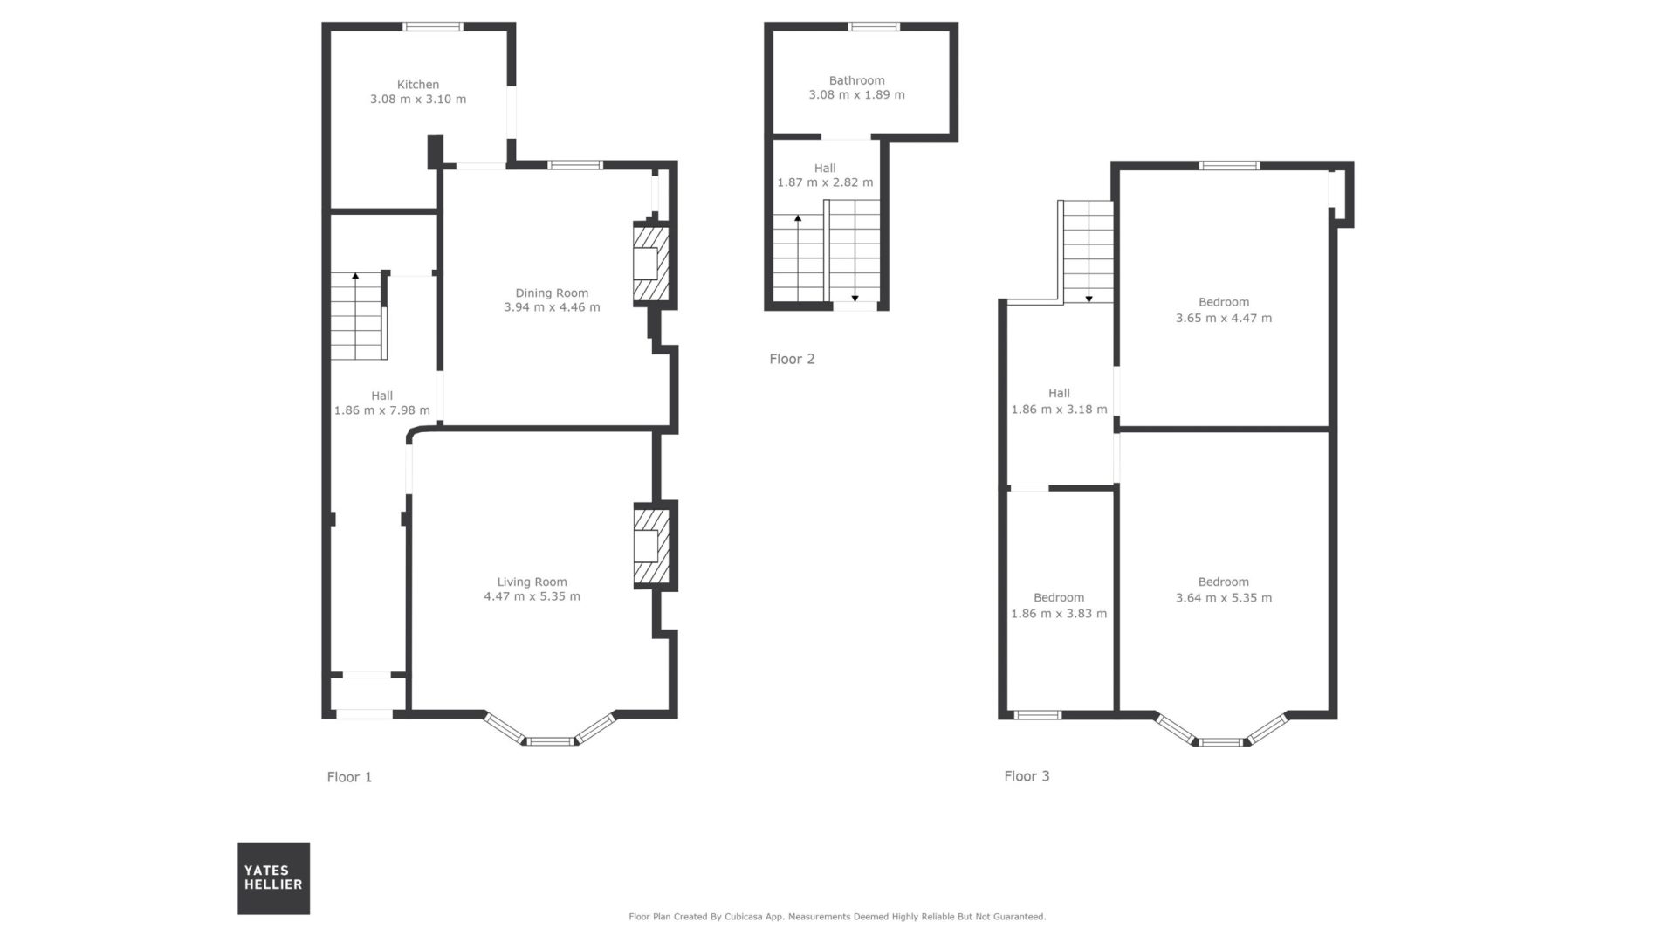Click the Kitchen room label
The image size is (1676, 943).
coord(418,85)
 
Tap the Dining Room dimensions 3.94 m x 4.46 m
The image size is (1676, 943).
coord(552,307)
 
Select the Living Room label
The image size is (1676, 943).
coord(532,582)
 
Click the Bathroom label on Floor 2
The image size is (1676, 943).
coord(857,80)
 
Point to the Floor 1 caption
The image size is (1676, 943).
coord(349,777)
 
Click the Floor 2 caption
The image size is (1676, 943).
coord(792,359)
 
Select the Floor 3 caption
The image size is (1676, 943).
coord(1027,776)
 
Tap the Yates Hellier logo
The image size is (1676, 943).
coord(273,878)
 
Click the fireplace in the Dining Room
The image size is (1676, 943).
coord(651,263)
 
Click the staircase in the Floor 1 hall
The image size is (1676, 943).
coord(359,316)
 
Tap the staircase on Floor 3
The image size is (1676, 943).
coord(1088,251)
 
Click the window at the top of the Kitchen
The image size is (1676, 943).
coord(434,26)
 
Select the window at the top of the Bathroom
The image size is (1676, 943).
coord(875,26)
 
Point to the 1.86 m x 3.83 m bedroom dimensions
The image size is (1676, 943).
coord(1059,614)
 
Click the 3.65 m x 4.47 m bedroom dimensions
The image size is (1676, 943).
coord(1224,319)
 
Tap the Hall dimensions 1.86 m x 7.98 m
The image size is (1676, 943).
coord(382,410)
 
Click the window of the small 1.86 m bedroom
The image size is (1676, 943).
coord(1038,715)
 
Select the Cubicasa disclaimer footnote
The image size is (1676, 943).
coord(837,917)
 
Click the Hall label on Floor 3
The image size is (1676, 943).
coord(1059,394)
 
